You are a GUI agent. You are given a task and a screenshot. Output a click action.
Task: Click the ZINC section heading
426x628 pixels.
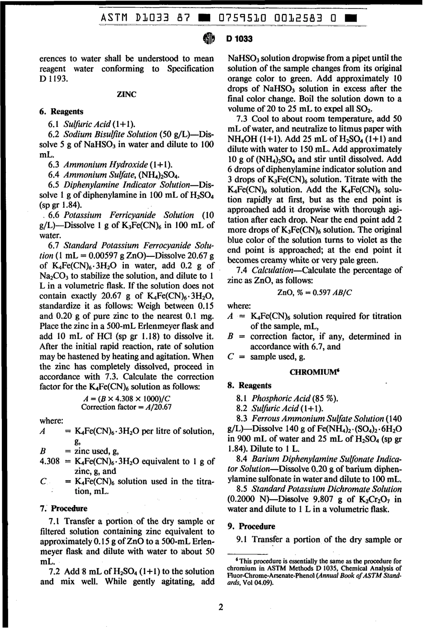(x=126, y=95)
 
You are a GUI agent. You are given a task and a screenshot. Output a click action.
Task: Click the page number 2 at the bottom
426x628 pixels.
(x=220, y=608)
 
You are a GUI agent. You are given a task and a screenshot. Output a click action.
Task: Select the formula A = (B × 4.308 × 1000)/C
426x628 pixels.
(x=126, y=399)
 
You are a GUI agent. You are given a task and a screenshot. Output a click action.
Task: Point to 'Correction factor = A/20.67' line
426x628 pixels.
(x=126, y=407)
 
